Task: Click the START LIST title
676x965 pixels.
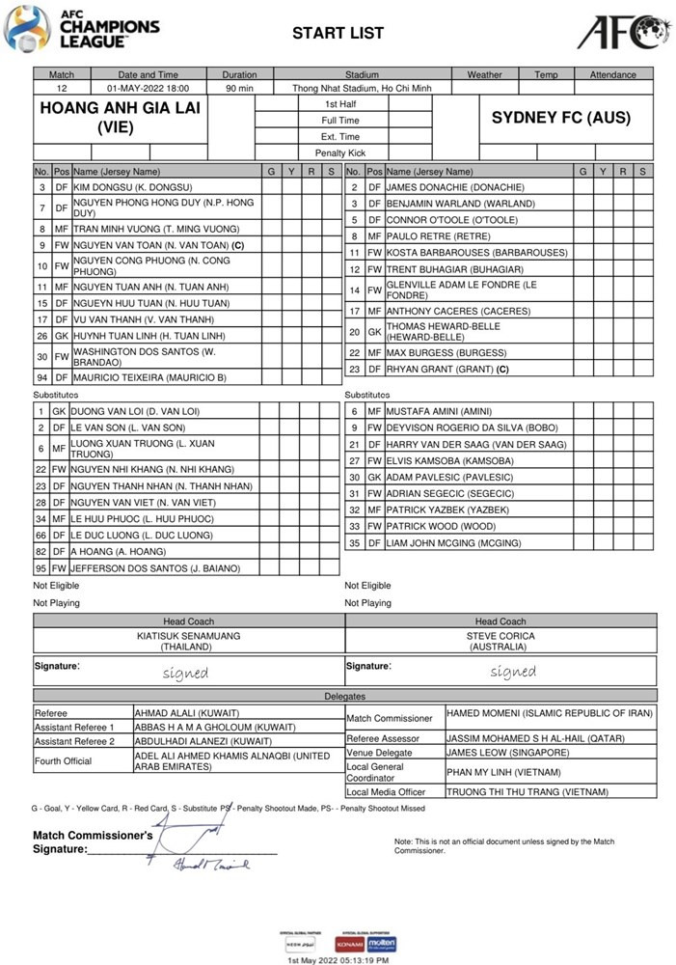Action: [338, 33]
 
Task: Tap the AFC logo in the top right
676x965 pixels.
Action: [624, 31]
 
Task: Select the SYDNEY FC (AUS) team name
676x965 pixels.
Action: [560, 118]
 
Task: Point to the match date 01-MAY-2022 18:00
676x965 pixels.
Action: [148, 88]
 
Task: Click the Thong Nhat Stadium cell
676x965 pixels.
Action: [362, 88]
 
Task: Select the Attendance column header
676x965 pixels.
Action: [613, 74]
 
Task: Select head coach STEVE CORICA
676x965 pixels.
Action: [500, 637]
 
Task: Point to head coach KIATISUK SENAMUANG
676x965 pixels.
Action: [188, 637]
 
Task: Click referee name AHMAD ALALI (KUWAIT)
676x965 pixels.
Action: [186, 713]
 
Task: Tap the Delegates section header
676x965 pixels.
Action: [344, 696]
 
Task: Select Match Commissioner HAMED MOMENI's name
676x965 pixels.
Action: [546, 712]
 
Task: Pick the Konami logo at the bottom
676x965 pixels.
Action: [349, 943]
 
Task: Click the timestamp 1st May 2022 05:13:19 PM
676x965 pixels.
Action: [338, 960]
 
